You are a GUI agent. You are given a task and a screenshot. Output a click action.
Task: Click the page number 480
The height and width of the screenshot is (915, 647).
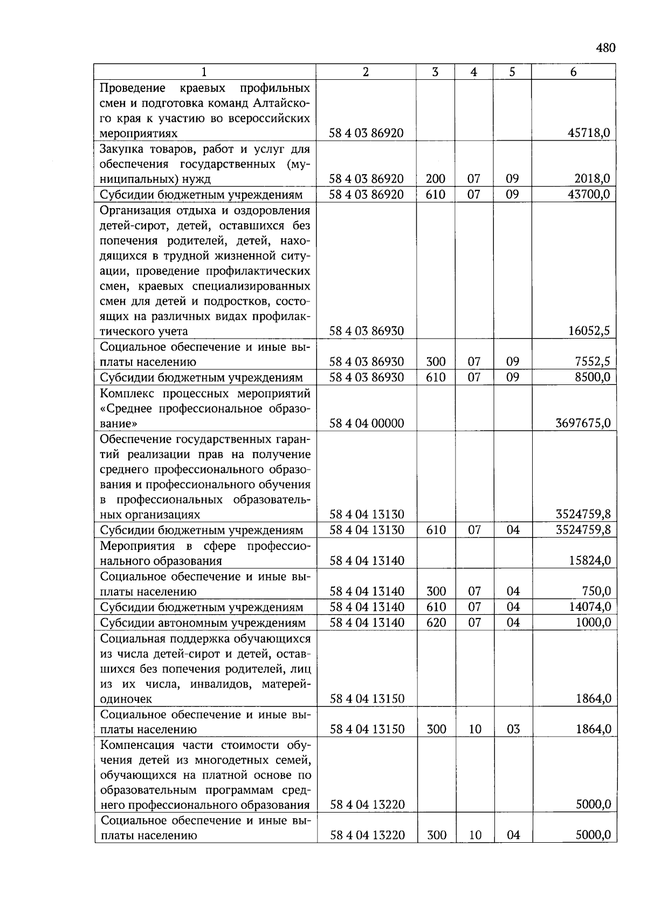tap(605, 48)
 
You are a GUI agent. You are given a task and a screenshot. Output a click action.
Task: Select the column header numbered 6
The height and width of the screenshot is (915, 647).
tap(573, 72)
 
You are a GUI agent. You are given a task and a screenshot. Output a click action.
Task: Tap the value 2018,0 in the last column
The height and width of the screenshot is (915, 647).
tap(593, 179)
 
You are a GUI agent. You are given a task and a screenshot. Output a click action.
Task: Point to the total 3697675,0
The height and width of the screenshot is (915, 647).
tap(583, 423)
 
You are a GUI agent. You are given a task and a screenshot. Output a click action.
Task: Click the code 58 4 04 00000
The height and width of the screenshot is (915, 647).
tap(367, 423)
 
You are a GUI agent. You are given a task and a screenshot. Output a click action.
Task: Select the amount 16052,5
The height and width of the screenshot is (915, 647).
tap(589, 331)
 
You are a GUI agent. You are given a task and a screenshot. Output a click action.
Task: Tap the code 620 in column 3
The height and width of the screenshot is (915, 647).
tap(436, 623)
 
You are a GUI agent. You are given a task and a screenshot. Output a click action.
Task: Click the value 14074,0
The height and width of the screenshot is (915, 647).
tap(590, 607)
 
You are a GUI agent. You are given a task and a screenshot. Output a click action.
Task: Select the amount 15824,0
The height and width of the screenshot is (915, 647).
tap(590, 561)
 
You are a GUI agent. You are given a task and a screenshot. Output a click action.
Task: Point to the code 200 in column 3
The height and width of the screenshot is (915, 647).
tap(436, 179)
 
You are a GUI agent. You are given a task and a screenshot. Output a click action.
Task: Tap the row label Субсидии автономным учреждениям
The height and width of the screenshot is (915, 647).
tap(203, 623)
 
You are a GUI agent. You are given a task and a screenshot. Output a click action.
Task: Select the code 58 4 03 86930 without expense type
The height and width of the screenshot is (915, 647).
tap(367, 331)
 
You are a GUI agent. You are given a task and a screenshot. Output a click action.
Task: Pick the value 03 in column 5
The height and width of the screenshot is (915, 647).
tap(513, 730)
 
